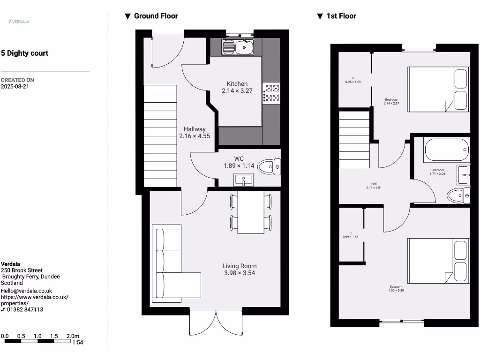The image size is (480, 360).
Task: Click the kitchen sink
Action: [238, 47]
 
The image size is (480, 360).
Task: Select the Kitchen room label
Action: [237, 84]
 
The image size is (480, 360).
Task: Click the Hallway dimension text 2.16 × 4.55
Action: [195, 136]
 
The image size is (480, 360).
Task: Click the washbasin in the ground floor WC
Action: [243, 179]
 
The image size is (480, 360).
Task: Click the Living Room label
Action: [240, 266]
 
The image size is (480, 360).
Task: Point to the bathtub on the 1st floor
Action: [446, 150]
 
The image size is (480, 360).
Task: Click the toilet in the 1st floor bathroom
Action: [457, 195]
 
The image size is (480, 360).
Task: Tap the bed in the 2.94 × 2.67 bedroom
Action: [438, 90]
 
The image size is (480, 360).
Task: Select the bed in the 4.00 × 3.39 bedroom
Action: [438, 261]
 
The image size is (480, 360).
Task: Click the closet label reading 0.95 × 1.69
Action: [353, 82]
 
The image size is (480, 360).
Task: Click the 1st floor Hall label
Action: [374, 184]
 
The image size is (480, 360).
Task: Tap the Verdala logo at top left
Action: [19, 21]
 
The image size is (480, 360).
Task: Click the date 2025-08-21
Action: [15, 87]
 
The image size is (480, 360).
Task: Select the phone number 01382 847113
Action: [25, 310]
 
